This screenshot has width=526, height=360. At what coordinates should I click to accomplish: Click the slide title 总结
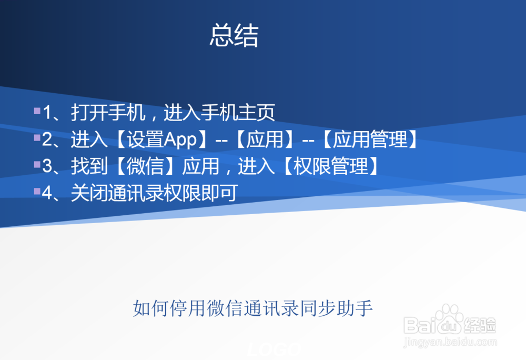(234, 36)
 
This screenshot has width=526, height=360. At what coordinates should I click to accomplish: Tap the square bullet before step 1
(37, 111)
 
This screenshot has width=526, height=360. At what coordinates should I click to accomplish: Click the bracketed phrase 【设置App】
(160, 140)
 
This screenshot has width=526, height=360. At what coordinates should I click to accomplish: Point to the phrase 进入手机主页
(219, 113)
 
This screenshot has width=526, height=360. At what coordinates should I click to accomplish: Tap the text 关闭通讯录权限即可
(154, 194)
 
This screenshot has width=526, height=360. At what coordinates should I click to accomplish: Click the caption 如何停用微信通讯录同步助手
(253, 308)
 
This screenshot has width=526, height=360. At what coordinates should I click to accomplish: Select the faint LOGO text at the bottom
(274, 349)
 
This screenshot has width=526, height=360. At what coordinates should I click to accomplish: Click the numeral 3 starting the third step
(47, 167)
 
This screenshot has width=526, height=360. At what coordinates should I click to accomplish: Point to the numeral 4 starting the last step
(47, 194)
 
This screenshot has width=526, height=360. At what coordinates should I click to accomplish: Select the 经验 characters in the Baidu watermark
(481, 325)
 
